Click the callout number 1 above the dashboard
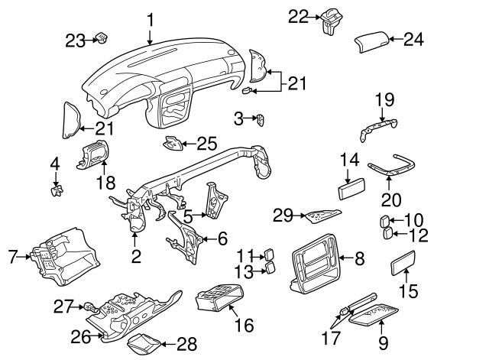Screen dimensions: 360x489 [151, 18]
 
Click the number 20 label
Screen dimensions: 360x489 [390, 201]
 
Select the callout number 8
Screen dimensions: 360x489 [359, 259]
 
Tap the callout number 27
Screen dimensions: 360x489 [63, 307]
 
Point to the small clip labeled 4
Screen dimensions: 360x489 [55, 188]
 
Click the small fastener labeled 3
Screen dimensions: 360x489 [260, 119]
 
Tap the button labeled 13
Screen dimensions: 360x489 [270, 268]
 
